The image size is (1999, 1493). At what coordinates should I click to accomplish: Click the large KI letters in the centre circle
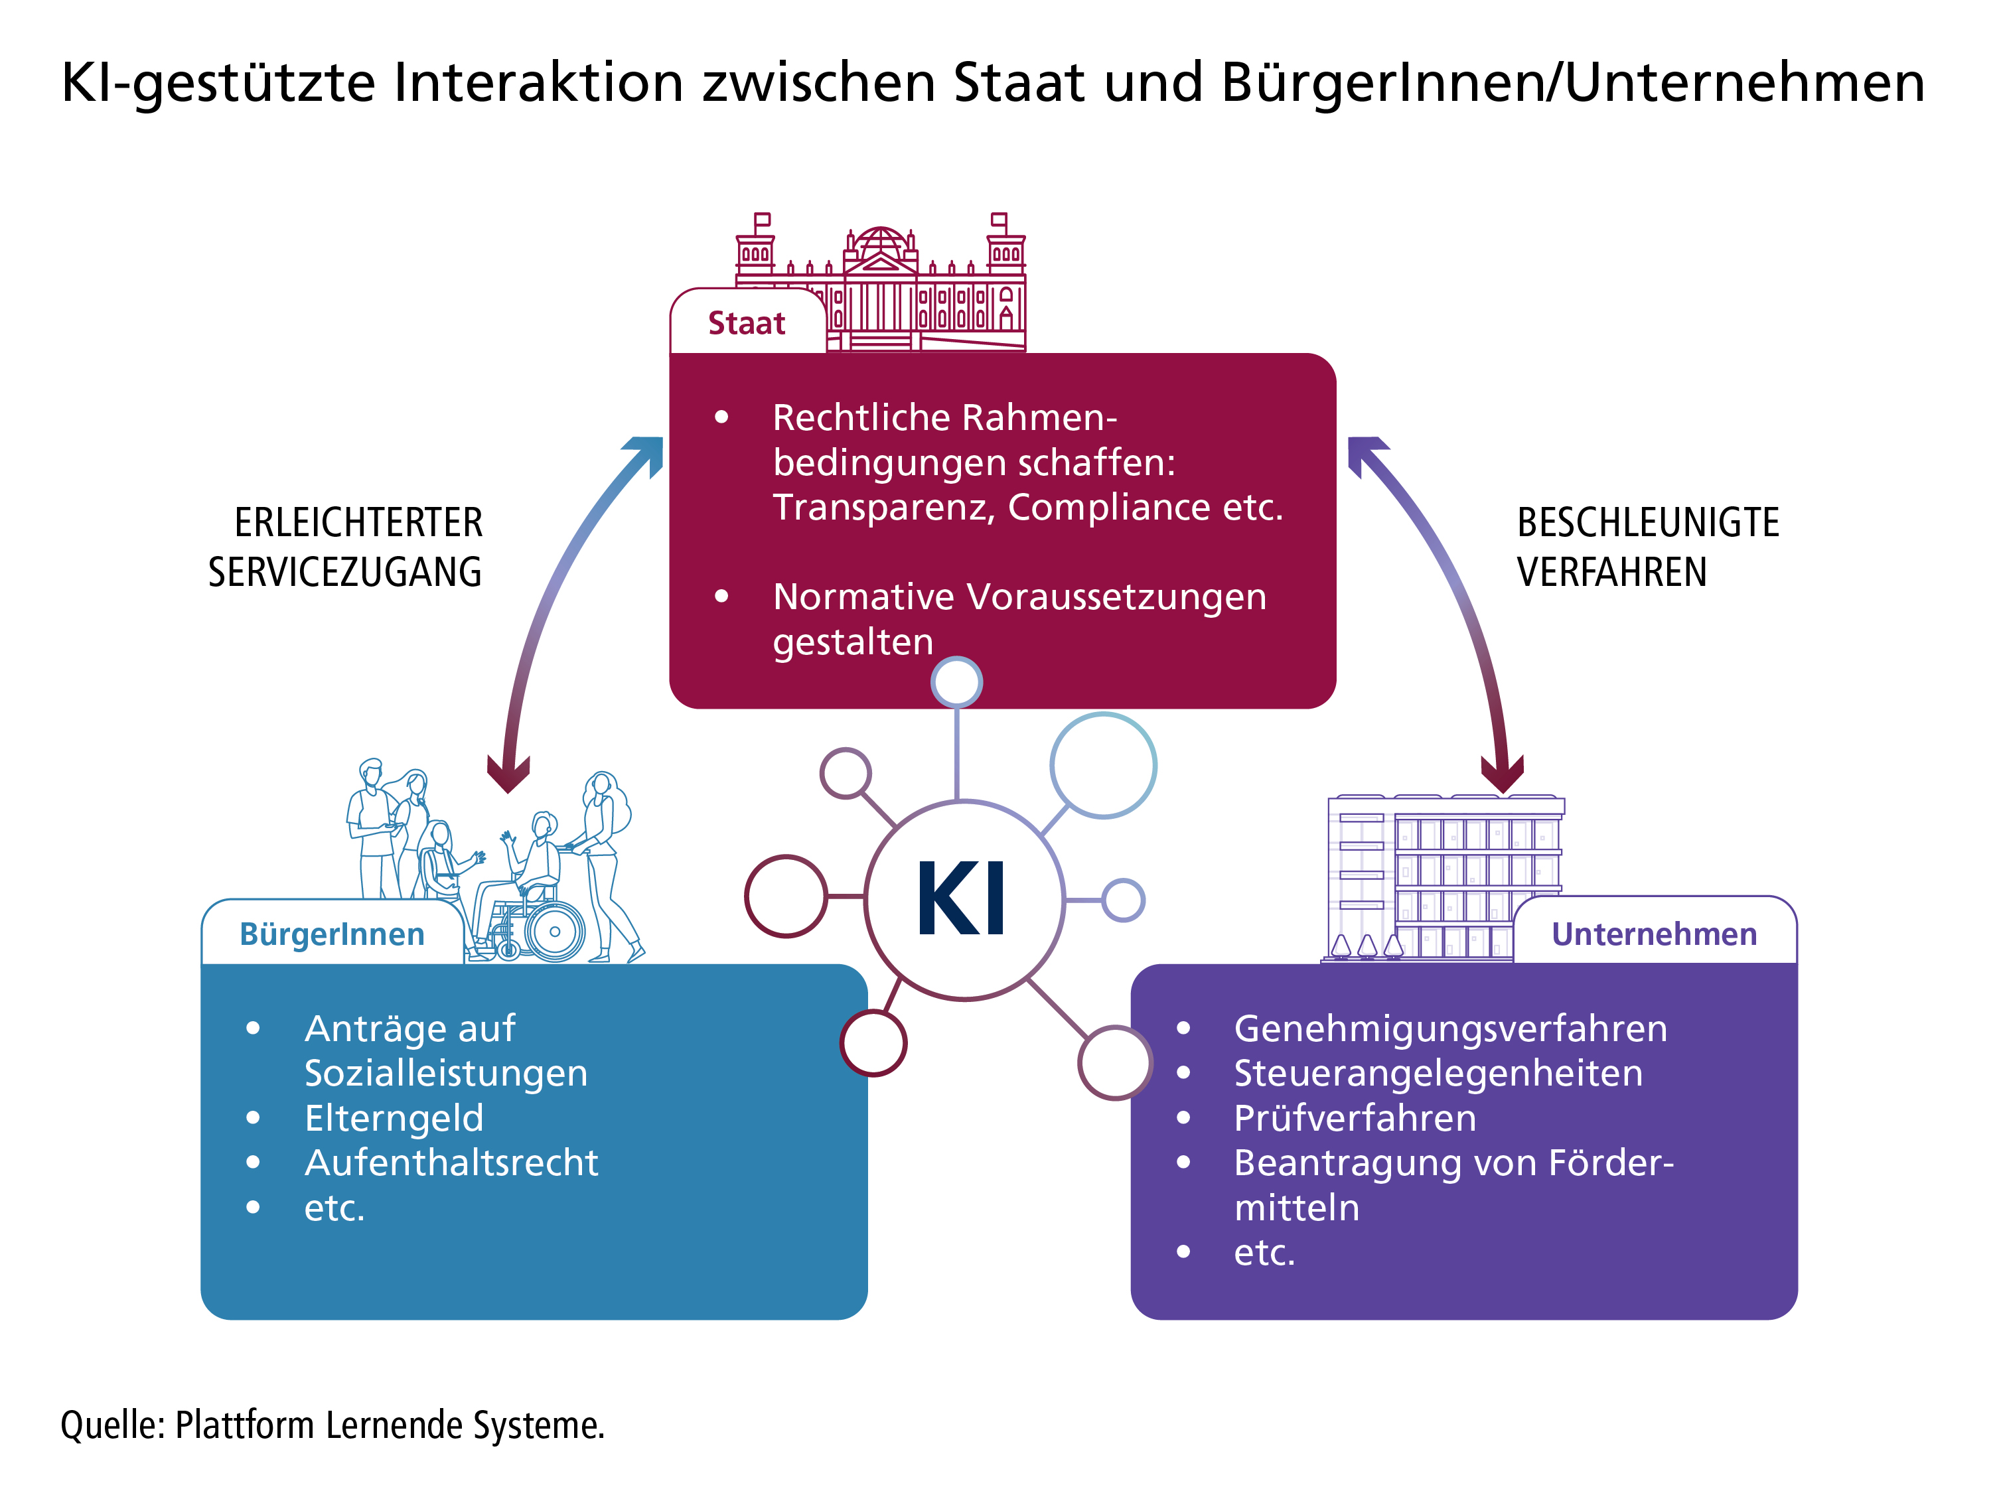962,899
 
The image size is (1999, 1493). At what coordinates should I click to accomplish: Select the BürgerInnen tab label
332,934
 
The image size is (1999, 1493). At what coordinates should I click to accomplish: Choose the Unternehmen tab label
1654,934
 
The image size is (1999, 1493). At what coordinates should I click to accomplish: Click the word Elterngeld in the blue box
394,1118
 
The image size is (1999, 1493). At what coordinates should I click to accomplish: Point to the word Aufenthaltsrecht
451,1163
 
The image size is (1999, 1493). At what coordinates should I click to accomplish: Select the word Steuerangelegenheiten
1438,1073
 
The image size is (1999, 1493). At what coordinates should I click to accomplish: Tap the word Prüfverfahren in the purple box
1355,1118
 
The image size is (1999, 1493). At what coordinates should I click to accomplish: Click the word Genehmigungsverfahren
1450,1029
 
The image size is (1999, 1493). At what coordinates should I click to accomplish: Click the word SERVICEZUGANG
344,572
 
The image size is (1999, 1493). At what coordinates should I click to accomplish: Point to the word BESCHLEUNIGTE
1647,522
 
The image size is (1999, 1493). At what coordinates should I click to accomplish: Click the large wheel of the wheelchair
554,931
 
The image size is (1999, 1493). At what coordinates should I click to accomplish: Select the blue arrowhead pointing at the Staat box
647,452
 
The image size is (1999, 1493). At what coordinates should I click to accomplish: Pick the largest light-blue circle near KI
1102,766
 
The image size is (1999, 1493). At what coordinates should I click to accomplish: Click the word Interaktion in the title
539,82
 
